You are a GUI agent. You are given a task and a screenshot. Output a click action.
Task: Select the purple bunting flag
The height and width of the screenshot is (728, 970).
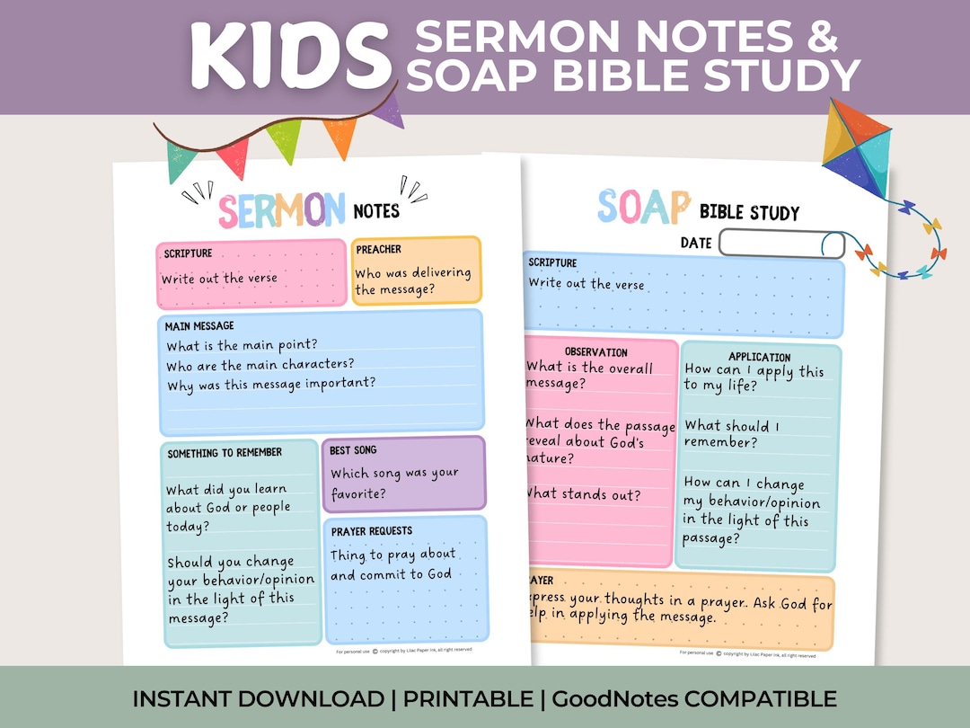point(387,110)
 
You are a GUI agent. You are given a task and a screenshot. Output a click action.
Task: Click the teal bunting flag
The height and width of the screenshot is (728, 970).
point(181,159)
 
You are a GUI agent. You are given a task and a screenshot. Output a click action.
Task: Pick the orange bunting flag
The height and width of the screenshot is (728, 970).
point(340,136)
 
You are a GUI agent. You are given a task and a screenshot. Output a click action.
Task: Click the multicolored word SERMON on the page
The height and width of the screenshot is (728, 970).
point(282,209)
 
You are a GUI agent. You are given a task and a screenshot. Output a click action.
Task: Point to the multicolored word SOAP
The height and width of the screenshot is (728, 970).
point(644,208)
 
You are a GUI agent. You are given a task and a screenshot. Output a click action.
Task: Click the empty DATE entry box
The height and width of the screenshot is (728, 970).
point(781,244)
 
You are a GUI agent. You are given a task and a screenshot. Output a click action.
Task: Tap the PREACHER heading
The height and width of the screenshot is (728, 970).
point(378,249)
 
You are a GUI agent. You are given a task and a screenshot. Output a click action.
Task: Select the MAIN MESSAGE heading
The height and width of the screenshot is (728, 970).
point(199,325)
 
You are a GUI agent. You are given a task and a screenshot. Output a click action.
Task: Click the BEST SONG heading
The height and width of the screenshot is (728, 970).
point(353,449)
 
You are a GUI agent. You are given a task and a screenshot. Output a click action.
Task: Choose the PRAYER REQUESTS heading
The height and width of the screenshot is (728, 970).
point(371,531)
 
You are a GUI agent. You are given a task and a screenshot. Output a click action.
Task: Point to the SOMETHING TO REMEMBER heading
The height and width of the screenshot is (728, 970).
point(225,453)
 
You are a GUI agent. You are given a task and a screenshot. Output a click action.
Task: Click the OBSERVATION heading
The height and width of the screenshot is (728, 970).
point(596,351)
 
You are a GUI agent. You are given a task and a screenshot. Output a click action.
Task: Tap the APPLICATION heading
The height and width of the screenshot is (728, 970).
point(760,357)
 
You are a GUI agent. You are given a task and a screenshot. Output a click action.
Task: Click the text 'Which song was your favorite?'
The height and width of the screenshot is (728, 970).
point(393,484)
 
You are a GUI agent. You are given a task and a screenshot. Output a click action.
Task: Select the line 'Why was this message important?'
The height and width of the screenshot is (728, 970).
point(270,384)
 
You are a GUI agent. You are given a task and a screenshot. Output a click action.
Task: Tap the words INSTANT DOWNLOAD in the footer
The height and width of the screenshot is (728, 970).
point(259,698)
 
